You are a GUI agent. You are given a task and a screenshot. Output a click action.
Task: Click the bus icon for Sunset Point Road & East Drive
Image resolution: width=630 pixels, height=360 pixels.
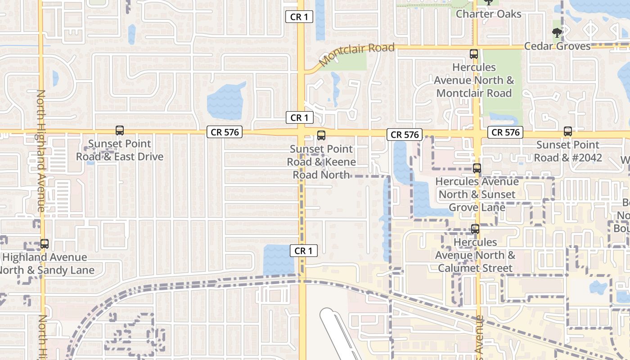[x=120, y=130]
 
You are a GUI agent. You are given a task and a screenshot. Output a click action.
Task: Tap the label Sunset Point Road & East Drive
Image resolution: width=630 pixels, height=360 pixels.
[x=120, y=150]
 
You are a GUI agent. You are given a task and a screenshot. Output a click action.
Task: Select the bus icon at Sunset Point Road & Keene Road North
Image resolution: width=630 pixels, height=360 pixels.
[x=321, y=135]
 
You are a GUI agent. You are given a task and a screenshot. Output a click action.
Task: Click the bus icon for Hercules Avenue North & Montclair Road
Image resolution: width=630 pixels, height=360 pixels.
[x=474, y=54]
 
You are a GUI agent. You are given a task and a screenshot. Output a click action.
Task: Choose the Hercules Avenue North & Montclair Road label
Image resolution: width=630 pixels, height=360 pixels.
[x=474, y=80]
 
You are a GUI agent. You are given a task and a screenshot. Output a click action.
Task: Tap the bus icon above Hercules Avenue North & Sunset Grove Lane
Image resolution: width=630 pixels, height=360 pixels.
[x=477, y=169]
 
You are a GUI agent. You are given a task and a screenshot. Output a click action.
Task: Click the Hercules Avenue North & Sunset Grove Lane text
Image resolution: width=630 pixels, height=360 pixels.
[x=477, y=194]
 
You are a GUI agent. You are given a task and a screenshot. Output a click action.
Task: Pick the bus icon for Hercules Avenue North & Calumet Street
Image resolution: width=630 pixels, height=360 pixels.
[x=475, y=229]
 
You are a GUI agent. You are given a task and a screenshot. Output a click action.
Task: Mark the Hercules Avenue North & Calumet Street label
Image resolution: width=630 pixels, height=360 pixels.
[x=475, y=255]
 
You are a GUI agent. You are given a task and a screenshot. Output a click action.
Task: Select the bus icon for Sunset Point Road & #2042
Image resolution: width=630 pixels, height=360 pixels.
[x=568, y=131]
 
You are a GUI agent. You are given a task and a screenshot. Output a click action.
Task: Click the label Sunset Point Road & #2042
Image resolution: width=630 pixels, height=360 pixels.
[x=568, y=151]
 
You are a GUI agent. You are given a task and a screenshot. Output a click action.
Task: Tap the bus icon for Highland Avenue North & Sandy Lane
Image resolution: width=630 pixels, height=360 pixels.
[x=44, y=244]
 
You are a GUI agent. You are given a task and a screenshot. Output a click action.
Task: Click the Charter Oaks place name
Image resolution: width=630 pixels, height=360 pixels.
[x=489, y=14]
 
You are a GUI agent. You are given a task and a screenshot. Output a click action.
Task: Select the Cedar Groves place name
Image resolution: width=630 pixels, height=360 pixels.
[x=557, y=46]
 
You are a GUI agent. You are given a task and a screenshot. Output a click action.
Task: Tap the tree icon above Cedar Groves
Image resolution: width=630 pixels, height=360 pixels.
[x=557, y=32]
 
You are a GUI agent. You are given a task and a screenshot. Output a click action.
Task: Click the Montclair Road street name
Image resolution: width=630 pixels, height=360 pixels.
[x=356, y=54]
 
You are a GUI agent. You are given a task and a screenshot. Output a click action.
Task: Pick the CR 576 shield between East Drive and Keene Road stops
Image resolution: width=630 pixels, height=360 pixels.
[x=225, y=132]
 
